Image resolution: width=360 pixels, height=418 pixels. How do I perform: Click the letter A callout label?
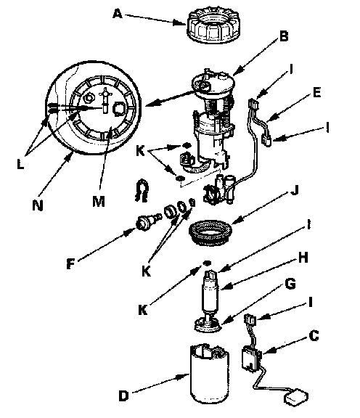click(x=118, y=13)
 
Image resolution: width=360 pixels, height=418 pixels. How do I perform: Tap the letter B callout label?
click(x=284, y=36)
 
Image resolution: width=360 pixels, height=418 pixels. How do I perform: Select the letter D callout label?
click(x=123, y=396)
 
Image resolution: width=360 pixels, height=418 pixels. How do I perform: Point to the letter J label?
click(x=294, y=190)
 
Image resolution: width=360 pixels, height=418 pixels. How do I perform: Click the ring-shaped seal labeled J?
click(x=210, y=232)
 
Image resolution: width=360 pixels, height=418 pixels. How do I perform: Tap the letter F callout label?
click(x=70, y=264)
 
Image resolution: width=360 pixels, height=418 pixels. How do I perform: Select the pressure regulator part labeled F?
click(x=148, y=222)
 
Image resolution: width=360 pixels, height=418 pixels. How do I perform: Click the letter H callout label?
click(x=303, y=258)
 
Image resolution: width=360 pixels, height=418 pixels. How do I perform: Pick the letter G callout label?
click(x=290, y=283)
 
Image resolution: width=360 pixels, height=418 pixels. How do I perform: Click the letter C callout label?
click(x=314, y=335)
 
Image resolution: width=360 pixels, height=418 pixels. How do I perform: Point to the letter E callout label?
click(x=316, y=92)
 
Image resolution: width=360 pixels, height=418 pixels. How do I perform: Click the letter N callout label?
click(x=38, y=205)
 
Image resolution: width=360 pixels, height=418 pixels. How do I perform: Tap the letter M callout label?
click(x=99, y=201)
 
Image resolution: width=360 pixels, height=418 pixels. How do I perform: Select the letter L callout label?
click(x=20, y=164)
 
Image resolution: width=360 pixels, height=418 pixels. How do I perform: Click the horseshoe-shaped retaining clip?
click(x=141, y=190)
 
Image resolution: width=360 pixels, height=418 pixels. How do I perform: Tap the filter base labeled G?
click(x=208, y=324)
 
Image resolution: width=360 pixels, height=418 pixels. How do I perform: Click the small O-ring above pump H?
click(x=207, y=263)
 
